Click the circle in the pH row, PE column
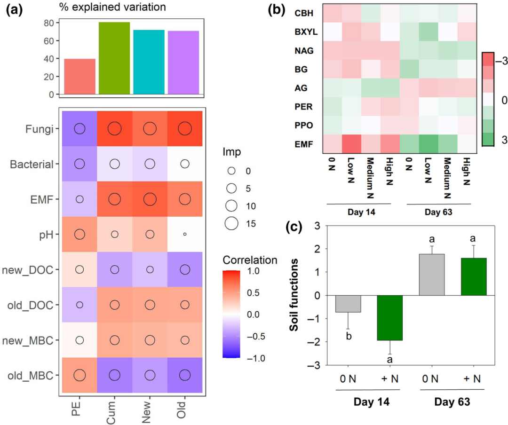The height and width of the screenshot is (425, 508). pyautogui.click(x=79, y=234)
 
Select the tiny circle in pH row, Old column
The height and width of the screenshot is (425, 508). pyautogui.click(x=185, y=234)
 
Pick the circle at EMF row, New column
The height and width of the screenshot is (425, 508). pyautogui.click(x=150, y=199)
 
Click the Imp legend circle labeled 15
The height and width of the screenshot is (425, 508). pyautogui.click(x=231, y=224)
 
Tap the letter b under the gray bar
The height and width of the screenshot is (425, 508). pyautogui.click(x=349, y=336)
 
